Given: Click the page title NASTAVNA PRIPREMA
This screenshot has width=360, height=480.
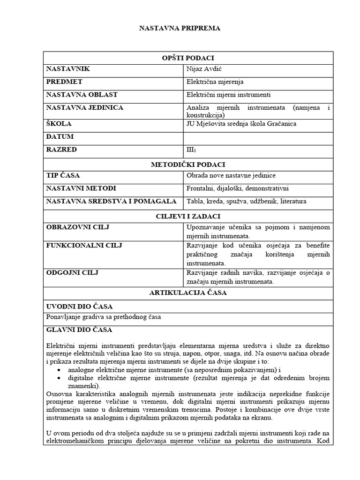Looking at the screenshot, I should click(180, 28).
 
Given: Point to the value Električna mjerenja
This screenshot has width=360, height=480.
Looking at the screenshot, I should click(215, 82).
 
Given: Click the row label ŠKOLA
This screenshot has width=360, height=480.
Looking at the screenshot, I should click(59, 124).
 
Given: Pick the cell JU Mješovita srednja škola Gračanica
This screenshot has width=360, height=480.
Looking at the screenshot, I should click(241, 124).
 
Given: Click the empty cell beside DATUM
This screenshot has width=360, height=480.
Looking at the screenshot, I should click(258, 137).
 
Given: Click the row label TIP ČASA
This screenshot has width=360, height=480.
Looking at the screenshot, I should click(63, 176).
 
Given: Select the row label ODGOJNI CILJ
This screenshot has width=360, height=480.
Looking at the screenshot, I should click(72, 272).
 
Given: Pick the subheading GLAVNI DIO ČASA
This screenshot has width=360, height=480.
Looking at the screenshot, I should click(79, 330).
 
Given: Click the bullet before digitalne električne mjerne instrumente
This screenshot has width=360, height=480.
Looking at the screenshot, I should click(58, 378).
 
